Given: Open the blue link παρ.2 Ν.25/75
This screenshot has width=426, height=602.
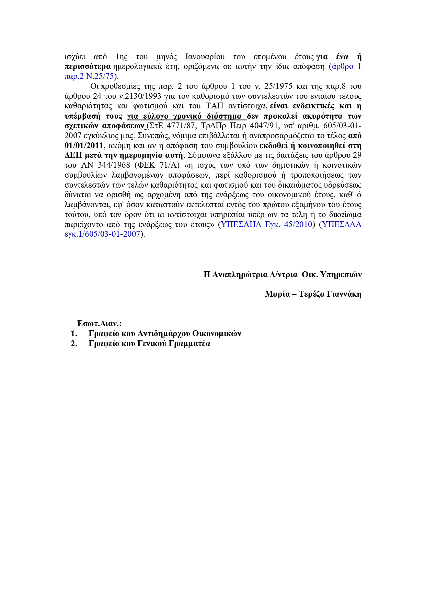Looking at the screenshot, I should point(89,76).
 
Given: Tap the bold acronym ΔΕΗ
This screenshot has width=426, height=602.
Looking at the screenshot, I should point(72,155).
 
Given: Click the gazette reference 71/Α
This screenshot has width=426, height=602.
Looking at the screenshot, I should point(169,165).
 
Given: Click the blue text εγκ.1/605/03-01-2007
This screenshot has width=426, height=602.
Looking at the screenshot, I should point(102,234).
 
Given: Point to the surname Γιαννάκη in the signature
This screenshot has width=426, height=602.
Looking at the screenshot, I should point(344,294).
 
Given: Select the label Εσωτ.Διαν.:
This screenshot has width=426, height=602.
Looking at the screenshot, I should point(100,323).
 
